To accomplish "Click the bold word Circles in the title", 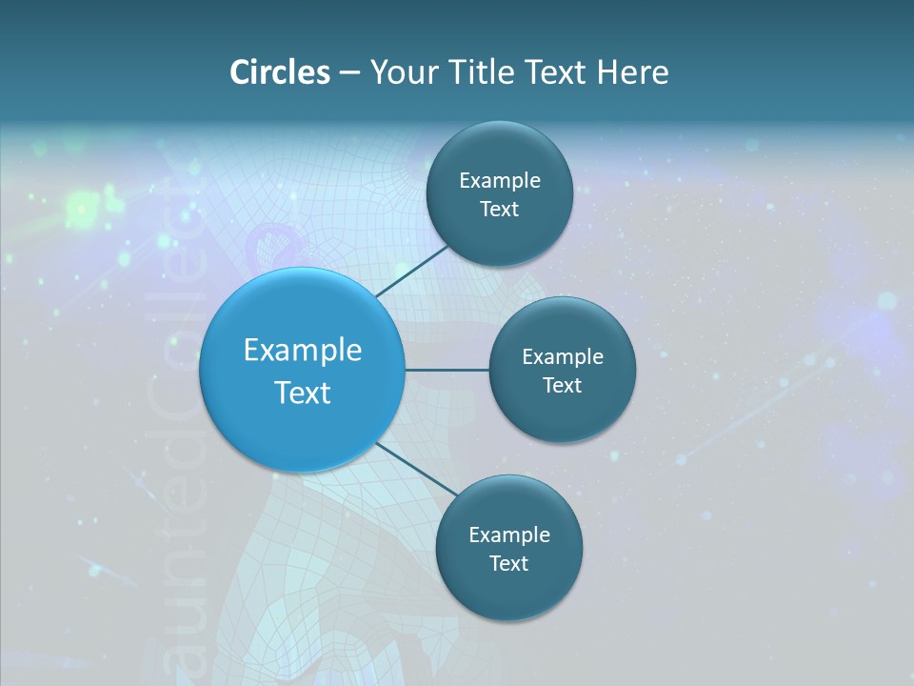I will tap(280, 72).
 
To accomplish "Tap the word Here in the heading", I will tap(632, 72).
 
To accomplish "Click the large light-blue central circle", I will tap(302, 429).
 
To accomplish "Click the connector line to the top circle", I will tap(413, 270).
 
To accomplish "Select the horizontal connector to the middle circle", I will tap(447, 370).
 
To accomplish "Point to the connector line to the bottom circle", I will tap(414, 469).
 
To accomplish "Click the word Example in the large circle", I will tap(303, 351).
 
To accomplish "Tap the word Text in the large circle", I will tap(303, 393).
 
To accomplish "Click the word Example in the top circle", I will tap(500, 181).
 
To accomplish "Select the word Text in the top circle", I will tap(499, 210).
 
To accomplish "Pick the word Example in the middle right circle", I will tap(563, 357).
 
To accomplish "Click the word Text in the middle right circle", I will tap(562, 385).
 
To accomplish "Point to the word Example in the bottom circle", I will tap(509, 535).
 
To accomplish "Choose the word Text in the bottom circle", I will tap(508, 564).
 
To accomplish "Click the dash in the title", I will tap(349, 73).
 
